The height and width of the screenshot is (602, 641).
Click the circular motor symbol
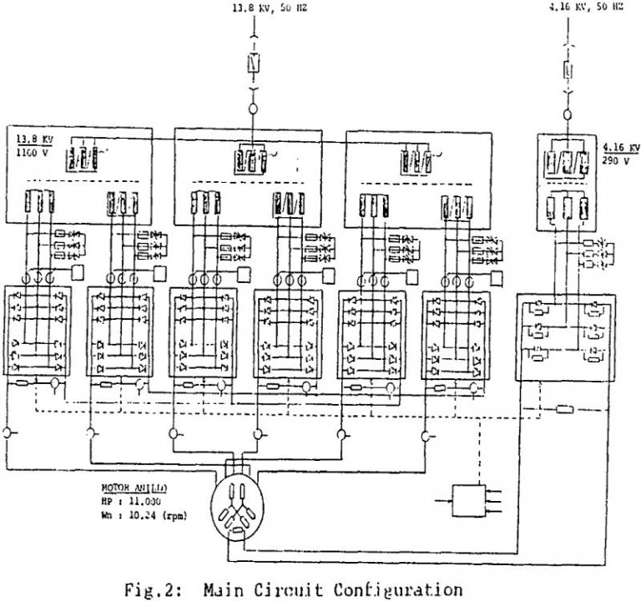tap(240, 507)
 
